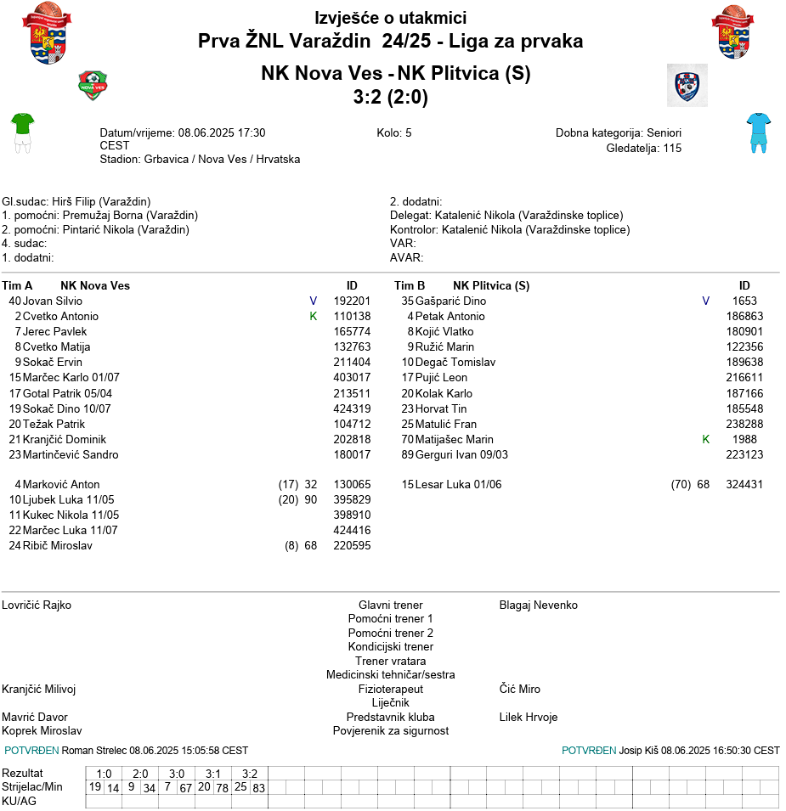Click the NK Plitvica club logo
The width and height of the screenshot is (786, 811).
[x=687, y=84]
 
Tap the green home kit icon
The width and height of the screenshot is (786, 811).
[x=22, y=132]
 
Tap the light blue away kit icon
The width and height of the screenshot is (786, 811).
[x=757, y=132]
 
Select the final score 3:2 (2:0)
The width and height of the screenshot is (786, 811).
[x=391, y=98]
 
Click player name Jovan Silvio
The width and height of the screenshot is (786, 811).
[x=53, y=301]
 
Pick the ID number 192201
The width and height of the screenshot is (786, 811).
[x=352, y=301]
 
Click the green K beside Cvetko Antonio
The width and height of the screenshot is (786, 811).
[x=313, y=316]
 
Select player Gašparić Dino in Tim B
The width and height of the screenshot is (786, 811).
[x=450, y=301]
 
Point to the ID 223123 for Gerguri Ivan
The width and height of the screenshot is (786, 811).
[x=744, y=454]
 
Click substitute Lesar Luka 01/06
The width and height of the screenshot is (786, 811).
[x=459, y=484]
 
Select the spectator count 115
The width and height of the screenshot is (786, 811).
[x=672, y=148]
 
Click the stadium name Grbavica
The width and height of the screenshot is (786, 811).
[x=167, y=159]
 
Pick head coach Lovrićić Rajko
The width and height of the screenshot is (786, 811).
[x=37, y=605]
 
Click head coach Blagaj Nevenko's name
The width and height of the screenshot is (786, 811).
[x=538, y=605]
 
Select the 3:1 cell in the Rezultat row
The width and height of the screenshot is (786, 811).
[x=213, y=774]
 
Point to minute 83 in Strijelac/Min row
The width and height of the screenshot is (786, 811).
[x=259, y=788]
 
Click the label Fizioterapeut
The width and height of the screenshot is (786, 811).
[x=391, y=689]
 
